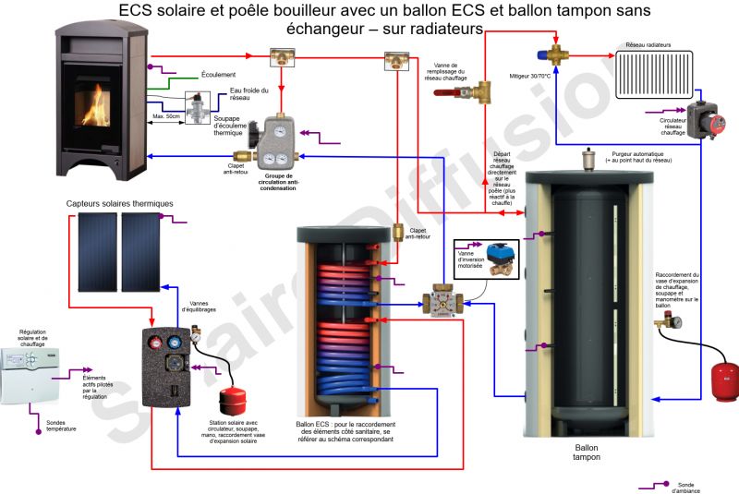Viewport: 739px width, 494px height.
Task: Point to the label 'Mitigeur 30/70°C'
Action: [529, 77]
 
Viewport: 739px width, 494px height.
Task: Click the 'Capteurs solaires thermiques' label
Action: [119, 204]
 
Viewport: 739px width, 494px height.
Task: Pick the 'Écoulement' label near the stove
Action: [218, 74]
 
